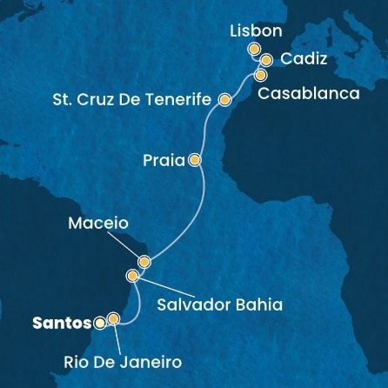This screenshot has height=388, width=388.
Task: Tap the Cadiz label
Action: pyautogui.click(x=299, y=59)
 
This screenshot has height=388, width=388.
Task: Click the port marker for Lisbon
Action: pyautogui.click(x=255, y=50)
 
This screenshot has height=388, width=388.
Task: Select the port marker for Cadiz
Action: pyautogui.click(x=266, y=60)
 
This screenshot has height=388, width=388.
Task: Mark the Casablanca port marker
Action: pyautogui.click(x=261, y=76)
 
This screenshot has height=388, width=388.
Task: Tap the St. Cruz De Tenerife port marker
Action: pyautogui.click(x=224, y=100)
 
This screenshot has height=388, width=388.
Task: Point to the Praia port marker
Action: pyautogui.click(x=194, y=160)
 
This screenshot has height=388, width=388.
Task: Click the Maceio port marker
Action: pyautogui.click(x=144, y=261)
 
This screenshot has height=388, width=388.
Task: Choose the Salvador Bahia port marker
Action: pyautogui.click(x=132, y=277)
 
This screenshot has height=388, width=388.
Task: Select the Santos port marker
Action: pyautogui.click(x=100, y=323)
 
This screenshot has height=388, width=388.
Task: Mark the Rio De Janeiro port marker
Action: pyautogui.click(x=113, y=319)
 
